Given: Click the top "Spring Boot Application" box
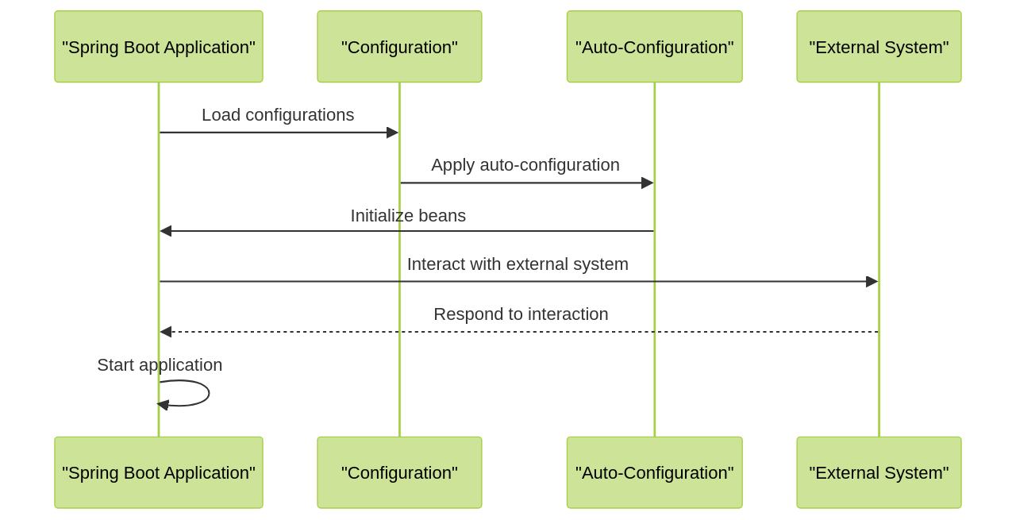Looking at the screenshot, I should [x=159, y=47].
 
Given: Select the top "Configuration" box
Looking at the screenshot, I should [x=399, y=47].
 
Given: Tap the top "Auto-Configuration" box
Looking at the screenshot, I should [x=654, y=47].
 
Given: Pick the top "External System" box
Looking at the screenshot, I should [x=879, y=47].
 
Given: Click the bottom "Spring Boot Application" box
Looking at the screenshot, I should [x=159, y=472].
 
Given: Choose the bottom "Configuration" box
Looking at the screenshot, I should [x=399, y=472].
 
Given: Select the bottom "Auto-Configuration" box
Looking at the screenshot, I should [x=654, y=472].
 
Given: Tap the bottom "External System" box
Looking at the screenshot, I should [x=879, y=472].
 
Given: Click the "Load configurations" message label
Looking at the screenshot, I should [x=278, y=115].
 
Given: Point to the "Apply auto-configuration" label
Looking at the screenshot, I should [x=525, y=165].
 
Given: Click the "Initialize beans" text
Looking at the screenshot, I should [x=408, y=216].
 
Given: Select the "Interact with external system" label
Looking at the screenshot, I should [x=518, y=264].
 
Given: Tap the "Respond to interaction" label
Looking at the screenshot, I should [x=521, y=314].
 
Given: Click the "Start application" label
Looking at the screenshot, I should [x=160, y=365].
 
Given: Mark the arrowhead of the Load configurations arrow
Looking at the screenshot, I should [x=392, y=133].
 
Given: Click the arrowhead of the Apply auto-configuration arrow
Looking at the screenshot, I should [x=647, y=183].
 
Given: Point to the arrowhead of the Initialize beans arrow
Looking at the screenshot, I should [x=166, y=231].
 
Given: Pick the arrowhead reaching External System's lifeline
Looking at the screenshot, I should [x=872, y=281].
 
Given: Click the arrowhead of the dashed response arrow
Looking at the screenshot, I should [x=166, y=332].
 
